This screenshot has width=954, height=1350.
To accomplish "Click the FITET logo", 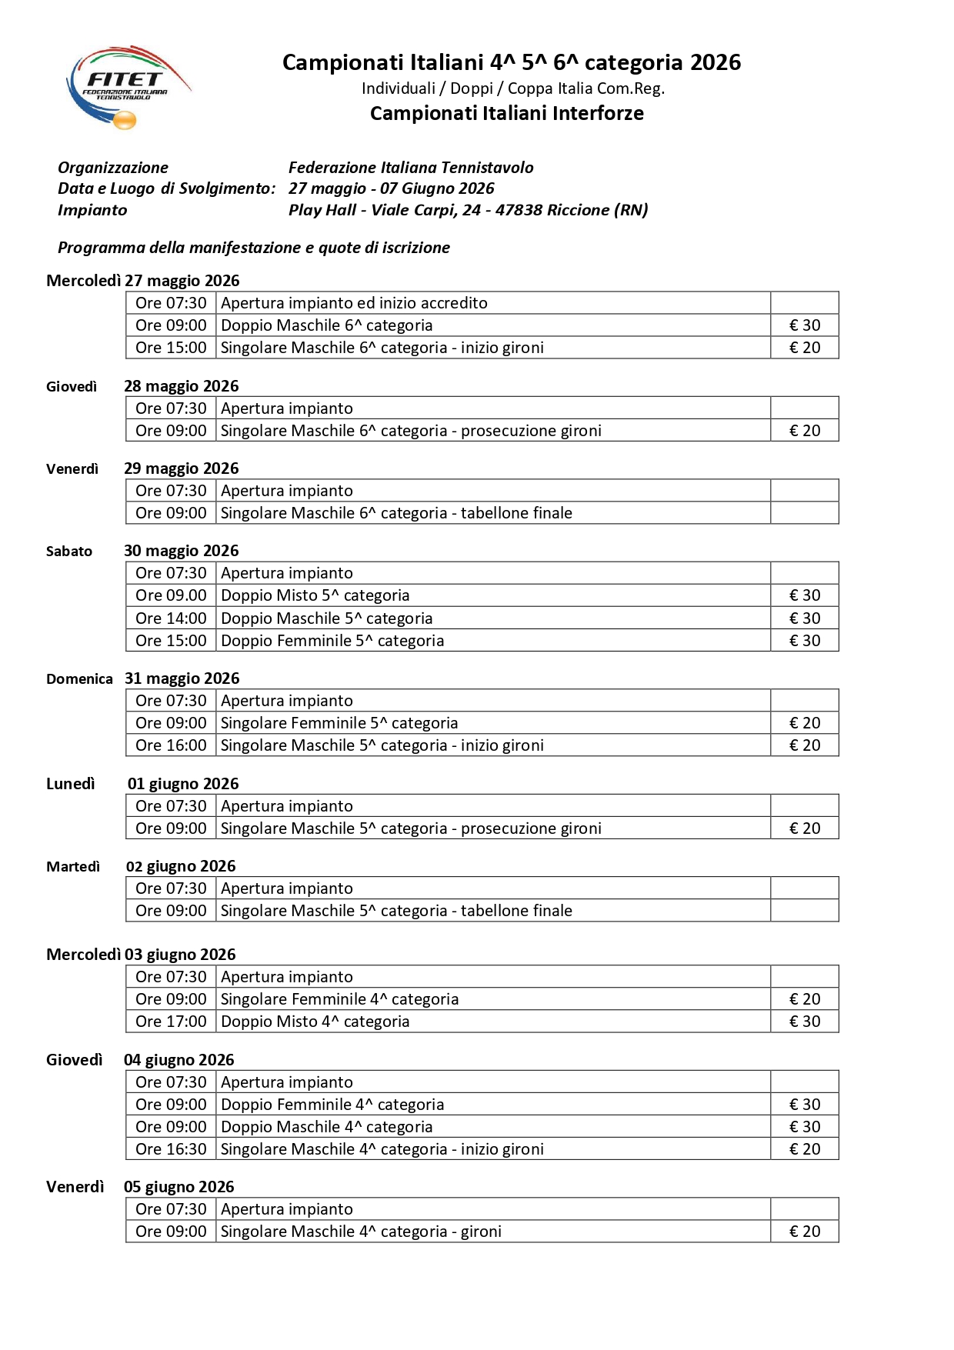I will pos(127,86).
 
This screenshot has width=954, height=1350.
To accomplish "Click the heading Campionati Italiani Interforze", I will pos(506,113).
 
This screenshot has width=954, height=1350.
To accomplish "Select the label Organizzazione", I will pos(113,168).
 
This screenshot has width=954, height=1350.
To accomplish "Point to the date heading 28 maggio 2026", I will pos(182,386).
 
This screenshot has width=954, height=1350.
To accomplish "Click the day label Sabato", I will pos(69,552).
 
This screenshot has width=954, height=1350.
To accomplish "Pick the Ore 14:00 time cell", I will pos(171,618).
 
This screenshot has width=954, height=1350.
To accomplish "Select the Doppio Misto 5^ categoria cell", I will pos(315,595).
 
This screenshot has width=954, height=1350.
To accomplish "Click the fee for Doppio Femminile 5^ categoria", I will pos(805,641).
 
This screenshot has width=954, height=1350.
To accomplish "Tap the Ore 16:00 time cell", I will pos(171,745).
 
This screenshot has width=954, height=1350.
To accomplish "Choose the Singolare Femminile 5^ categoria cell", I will pos(339,723).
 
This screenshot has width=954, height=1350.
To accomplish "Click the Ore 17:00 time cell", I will pos(171,1022).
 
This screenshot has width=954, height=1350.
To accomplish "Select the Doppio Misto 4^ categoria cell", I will pos(315,1022).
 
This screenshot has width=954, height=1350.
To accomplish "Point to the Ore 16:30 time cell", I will pos(171,1149).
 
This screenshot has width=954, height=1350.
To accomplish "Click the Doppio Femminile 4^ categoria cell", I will pos(332,1105).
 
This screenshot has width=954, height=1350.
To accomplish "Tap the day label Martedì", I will pos(73,867).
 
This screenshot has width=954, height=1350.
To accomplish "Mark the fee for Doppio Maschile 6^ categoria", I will pos(805,325).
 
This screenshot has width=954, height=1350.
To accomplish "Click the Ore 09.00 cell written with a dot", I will pos(171,595).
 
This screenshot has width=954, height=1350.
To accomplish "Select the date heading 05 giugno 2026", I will pos(179,1187).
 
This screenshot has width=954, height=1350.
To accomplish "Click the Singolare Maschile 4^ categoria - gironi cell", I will pos(362,1232).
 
